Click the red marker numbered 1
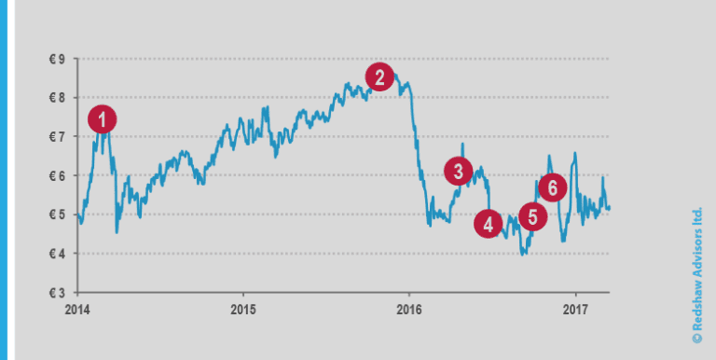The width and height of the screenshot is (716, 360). [x=103, y=118]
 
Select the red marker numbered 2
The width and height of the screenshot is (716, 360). [x=379, y=76]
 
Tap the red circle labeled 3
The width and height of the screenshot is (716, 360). [x=458, y=171]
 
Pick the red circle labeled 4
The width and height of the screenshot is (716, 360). [x=488, y=224]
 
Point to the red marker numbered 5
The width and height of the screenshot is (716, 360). [x=532, y=218]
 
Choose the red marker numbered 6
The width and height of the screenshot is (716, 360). [x=552, y=187]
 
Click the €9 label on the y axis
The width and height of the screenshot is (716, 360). [x=57, y=59]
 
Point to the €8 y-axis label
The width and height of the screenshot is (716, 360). [x=57, y=98]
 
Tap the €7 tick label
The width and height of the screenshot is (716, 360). [x=57, y=137]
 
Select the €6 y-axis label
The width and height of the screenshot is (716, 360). [x=57, y=176]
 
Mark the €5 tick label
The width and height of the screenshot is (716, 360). [x=57, y=215]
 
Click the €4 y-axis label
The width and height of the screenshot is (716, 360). [x=57, y=254]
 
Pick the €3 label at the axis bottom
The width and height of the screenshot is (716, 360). [x=57, y=293]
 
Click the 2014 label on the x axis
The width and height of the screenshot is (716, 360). [x=78, y=309]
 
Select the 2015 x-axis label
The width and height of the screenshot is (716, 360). [x=243, y=309]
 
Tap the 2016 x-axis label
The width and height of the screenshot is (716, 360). [x=409, y=309]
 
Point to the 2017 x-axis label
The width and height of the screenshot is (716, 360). [x=576, y=309]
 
